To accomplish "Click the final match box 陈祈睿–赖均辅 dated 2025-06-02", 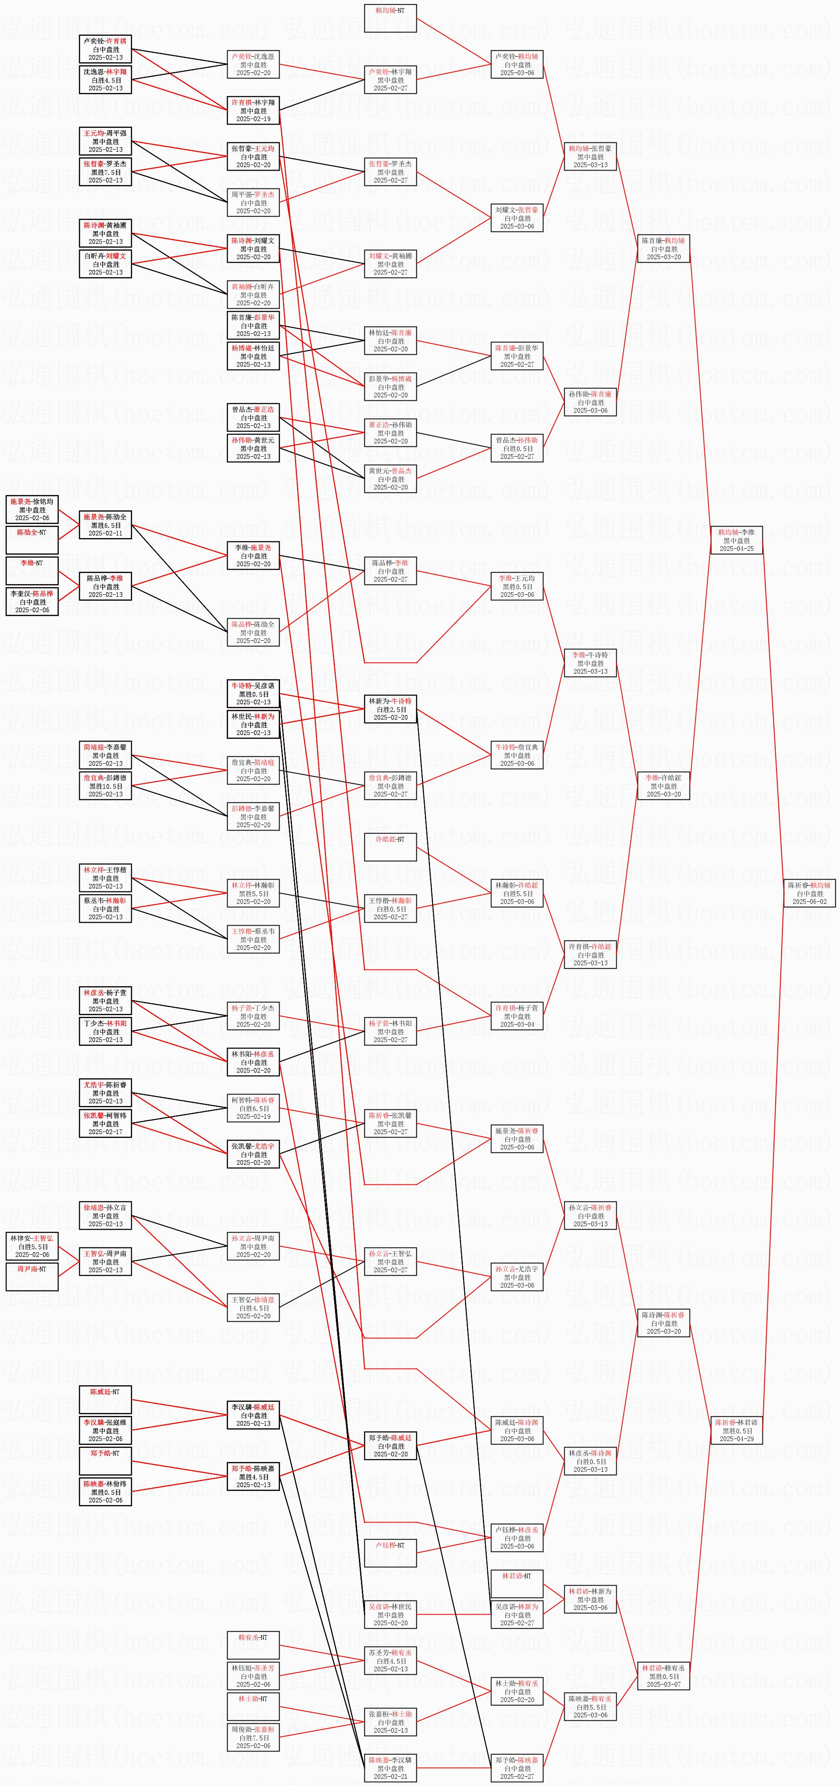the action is (x=809, y=893).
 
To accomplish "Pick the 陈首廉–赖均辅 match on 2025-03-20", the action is (x=663, y=248).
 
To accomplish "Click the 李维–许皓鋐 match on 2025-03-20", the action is (x=663, y=785).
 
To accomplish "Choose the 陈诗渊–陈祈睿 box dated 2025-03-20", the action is (x=663, y=1323).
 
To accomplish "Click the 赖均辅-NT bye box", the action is (x=390, y=18).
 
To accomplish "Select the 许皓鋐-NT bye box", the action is (x=390, y=847).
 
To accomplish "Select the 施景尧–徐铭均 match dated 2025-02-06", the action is (x=32, y=509).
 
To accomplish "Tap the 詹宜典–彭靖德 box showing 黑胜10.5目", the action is (x=105, y=785).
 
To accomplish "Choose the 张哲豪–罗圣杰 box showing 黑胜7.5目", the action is (x=105, y=172).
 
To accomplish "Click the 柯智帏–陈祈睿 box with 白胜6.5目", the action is (x=253, y=1108).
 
